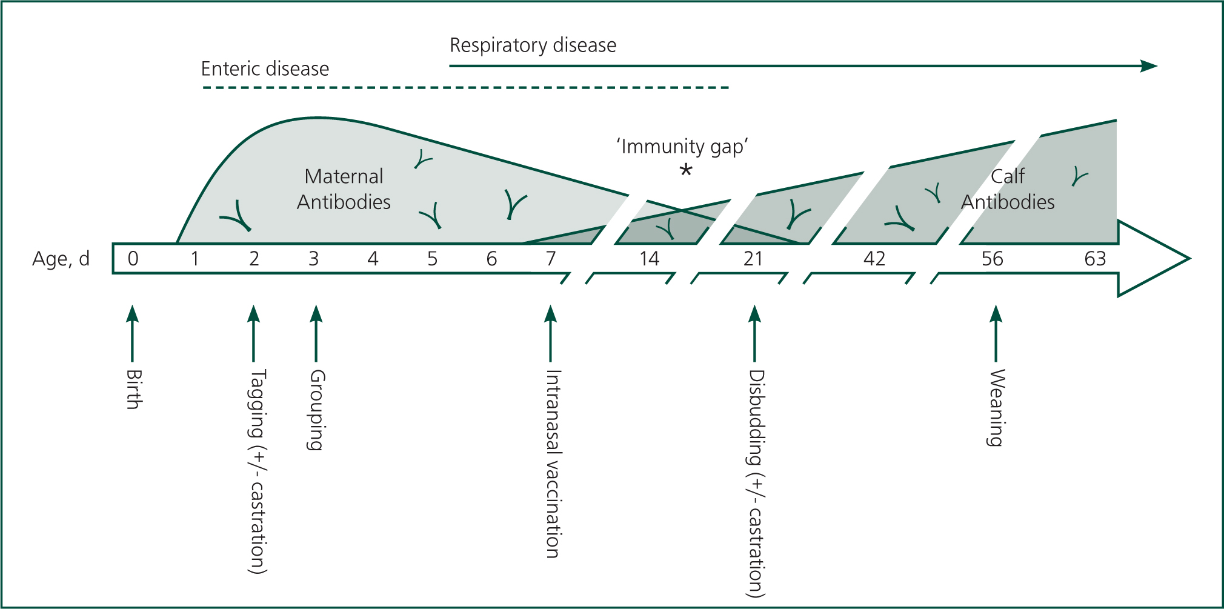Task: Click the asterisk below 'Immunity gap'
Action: click(x=685, y=170)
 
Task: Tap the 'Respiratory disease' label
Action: click(x=533, y=45)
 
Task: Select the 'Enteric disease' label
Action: click(x=265, y=68)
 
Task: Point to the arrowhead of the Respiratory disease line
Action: click(x=1149, y=66)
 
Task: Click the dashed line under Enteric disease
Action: click(x=465, y=88)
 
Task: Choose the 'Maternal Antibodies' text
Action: click(x=344, y=189)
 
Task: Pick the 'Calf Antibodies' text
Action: click(x=1008, y=189)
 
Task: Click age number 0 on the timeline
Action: click(x=133, y=259)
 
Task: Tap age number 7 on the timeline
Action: click(x=550, y=259)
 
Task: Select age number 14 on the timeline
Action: click(x=649, y=259)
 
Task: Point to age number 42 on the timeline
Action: click(x=874, y=259)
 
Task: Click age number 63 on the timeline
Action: click(x=1095, y=259)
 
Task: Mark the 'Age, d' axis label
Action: click(x=61, y=259)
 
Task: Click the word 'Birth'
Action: click(x=134, y=389)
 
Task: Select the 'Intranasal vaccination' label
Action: click(x=552, y=464)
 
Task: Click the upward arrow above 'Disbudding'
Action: click(x=754, y=333)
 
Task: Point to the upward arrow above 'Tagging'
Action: click(x=254, y=333)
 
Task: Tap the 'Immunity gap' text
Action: click(x=682, y=147)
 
